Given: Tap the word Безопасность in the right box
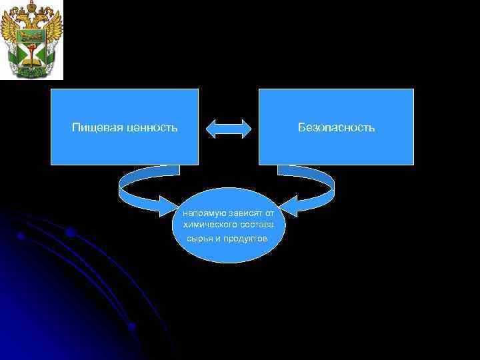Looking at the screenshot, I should pos(337,127).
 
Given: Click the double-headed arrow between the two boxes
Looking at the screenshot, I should pos(229,129).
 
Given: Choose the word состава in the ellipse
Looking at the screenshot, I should pos(258,225).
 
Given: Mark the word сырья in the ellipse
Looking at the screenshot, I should pos(191,238).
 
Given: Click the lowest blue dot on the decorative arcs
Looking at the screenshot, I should pos(132,327).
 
